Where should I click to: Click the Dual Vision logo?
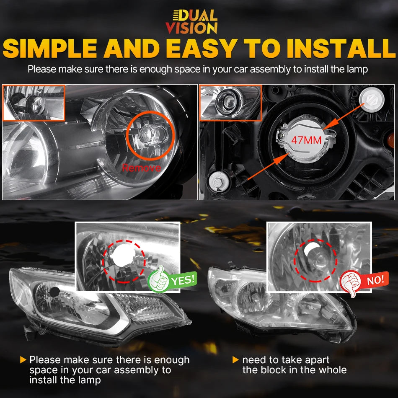click(191, 22)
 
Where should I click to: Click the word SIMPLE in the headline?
click(50, 48)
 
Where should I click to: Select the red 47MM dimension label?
click(306, 140)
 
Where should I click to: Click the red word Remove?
click(141, 168)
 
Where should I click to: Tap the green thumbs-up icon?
click(158, 279)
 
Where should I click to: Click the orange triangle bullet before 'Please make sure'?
click(23, 360)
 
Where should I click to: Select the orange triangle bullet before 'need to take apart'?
click(236, 360)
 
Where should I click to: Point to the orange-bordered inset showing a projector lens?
click(231, 103)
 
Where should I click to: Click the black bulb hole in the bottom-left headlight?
click(54, 292)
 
